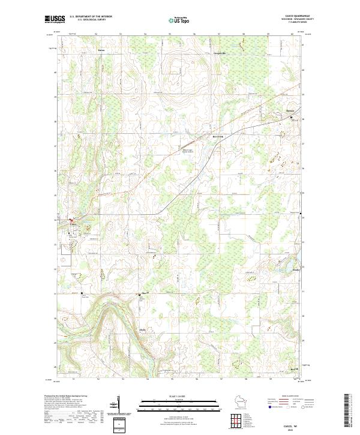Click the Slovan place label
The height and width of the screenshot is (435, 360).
143,293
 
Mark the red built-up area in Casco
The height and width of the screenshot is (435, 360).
71,220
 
